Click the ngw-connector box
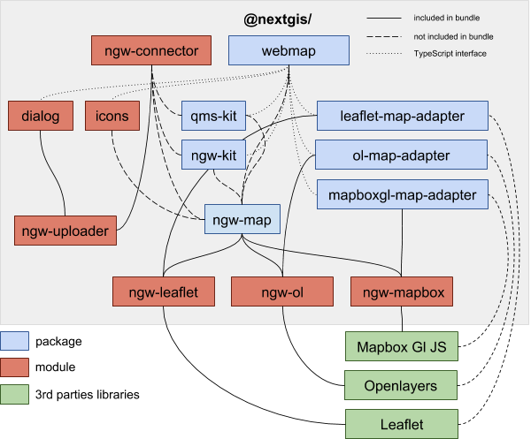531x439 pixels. point(157,49)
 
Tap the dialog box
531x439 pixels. point(39,115)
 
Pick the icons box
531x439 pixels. point(112,115)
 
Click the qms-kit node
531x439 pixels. point(213,115)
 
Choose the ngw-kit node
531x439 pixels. point(213,155)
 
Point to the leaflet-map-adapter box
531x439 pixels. point(402,115)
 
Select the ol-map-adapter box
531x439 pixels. point(402,155)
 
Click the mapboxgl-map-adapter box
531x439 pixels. point(402,193)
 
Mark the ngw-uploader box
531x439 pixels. point(67,231)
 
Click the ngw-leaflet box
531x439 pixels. point(163,291)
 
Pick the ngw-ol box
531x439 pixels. point(281,291)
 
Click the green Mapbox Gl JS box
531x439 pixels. point(401,346)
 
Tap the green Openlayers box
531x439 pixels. point(401,386)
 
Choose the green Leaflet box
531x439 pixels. point(401,424)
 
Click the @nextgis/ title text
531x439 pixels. point(283,19)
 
